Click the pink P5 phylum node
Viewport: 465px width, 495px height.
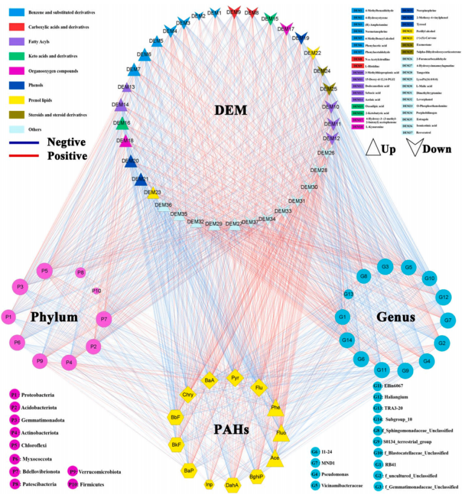(45, 272)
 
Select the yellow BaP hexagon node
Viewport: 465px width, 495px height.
(189, 470)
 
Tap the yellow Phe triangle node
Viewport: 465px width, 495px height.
(275, 408)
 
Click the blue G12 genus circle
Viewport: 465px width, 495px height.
(443, 297)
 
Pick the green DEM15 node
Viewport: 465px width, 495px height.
(270, 18)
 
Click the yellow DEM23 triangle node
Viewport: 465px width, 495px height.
(153, 193)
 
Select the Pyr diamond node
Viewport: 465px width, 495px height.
(236, 379)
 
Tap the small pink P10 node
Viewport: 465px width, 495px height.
(97, 291)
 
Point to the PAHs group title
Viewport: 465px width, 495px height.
(234, 430)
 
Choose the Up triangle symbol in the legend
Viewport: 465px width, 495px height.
(376, 147)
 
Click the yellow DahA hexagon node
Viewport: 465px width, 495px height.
(232, 484)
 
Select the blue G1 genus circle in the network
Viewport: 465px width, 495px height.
(342, 316)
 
